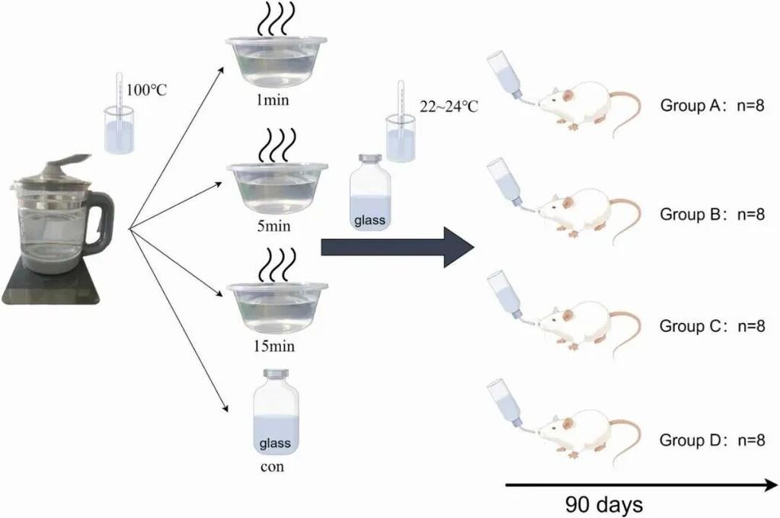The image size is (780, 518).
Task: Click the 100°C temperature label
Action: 147,90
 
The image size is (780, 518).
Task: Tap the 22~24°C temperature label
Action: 449,106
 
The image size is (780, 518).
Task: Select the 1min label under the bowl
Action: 273,100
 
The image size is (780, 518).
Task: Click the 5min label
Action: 273,226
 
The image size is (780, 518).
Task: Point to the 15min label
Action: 274,345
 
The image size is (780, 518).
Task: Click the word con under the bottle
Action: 272,467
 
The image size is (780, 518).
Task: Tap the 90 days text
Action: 604,504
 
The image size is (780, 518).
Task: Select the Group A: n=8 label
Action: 712,105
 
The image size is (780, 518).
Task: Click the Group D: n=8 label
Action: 712,440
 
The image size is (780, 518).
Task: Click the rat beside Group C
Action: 587,324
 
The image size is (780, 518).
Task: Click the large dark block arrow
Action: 397,248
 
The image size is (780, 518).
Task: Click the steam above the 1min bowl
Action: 276,19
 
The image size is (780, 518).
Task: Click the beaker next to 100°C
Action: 120,130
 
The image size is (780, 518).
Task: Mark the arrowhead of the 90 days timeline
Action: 771,484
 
